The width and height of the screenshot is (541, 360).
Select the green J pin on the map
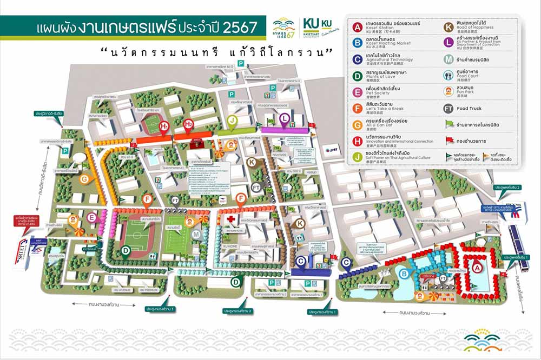(x=232, y=120)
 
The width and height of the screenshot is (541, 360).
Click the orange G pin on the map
(x=84, y=179)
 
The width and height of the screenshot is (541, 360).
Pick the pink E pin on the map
(x=92, y=217)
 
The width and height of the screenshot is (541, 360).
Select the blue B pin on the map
(x=404, y=274)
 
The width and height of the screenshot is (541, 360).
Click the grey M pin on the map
(x=196, y=234)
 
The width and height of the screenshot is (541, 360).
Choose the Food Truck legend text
(x=469, y=109)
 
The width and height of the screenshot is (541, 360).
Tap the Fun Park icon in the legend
(x=448, y=91)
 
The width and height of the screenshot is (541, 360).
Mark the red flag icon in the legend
(x=448, y=141)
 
